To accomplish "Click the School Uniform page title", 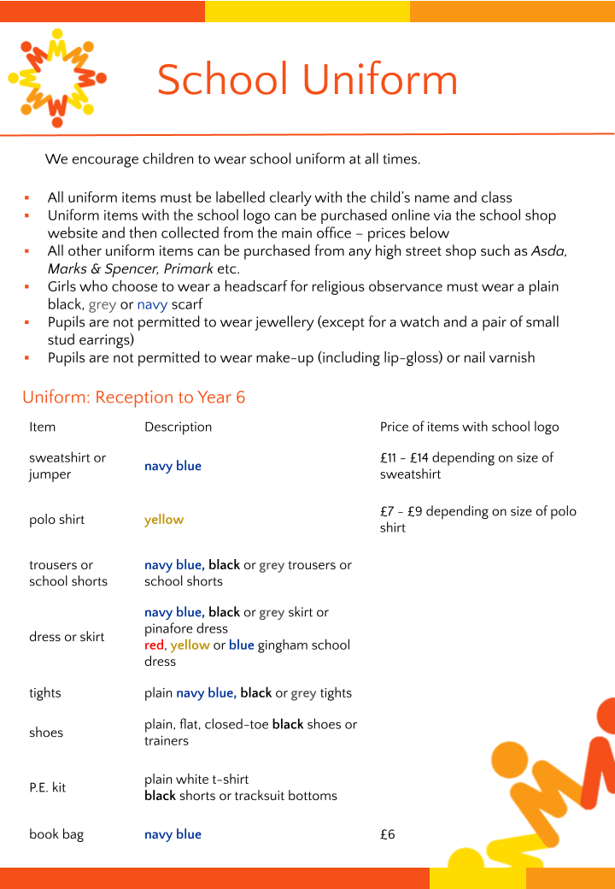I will point(307,79).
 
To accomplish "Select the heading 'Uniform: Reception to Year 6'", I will point(134,397).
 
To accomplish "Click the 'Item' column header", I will point(42,427).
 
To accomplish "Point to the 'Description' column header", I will point(178,427).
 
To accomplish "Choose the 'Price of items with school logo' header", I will point(469,427).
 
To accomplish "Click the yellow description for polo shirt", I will point(164,520).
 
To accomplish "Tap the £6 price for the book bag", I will point(388,834).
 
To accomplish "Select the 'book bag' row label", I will point(56,834).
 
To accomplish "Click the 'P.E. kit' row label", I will point(47,787).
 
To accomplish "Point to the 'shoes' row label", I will point(46,733).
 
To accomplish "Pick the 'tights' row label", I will point(45,693).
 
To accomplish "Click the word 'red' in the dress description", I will point(154,645).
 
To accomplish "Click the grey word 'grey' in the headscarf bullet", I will point(102,304).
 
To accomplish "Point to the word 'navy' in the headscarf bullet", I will point(152,304).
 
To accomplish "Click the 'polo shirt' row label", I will point(56,520).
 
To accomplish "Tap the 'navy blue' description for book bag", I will point(173,834).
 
